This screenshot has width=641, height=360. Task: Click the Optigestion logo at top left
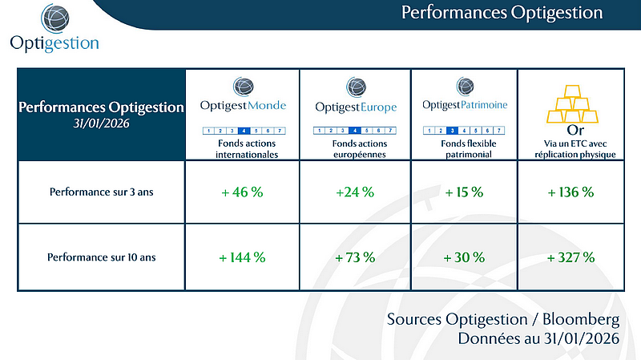click(x=54, y=27)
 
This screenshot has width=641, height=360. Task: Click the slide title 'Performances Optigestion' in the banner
click(x=501, y=12)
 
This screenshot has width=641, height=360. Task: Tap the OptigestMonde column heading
click(x=242, y=106)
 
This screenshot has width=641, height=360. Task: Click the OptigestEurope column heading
click(x=354, y=106)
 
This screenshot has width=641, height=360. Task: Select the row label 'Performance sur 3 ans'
click(x=101, y=192)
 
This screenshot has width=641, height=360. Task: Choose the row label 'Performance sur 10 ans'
click(x=101, y=257)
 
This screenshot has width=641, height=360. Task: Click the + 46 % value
click(x=242, y=192)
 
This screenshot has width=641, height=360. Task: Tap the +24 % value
click(x=354, y=192)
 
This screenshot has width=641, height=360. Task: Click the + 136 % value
click(x=570, y=192)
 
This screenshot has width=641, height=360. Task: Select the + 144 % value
click(x=242, y=257)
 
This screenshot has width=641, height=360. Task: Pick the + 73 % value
click(x=354, y=257)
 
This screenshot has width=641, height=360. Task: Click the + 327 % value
click(x=570, y=257)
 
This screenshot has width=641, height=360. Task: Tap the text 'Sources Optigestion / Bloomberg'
click(x=503, y=319)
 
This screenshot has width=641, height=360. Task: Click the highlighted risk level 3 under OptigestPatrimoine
click(x=452, y=130)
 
